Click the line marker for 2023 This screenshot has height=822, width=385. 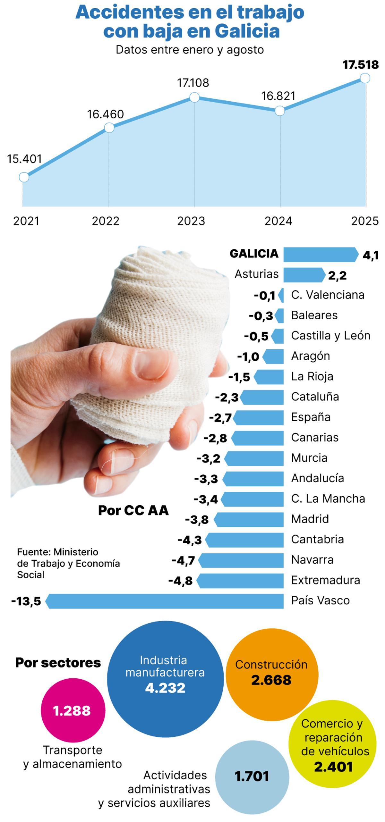point(194,97)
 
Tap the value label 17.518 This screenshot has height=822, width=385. point(360,65)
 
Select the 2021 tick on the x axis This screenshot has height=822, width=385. point(26,221)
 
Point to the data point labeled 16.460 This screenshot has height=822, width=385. point(109,128)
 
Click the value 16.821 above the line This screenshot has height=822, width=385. point(278,96)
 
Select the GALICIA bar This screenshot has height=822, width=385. point(320,255)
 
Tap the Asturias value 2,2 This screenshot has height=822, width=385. point(337,275)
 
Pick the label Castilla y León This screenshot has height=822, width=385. point(330,336)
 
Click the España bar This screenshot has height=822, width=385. point(259,418)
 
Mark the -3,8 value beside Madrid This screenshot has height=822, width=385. point(197,520)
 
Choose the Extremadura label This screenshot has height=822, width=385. point(325,580)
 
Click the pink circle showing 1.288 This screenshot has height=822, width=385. point(73,711)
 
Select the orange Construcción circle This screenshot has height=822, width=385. point(271,675)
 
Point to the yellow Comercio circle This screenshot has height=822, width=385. point(332,745)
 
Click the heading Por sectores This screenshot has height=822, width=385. point(58,663)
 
